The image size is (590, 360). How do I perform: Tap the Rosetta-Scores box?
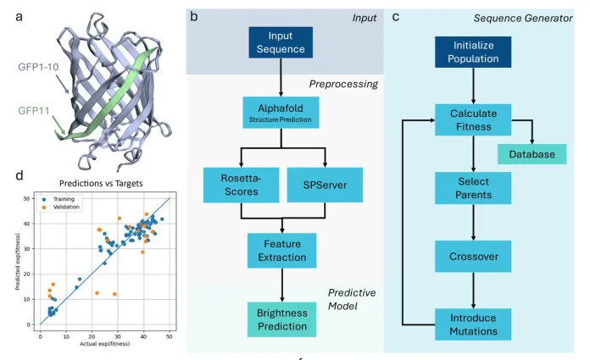[242, 185]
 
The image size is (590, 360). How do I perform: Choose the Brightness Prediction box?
[280, 319]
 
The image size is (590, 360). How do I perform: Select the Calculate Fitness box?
[473, 120]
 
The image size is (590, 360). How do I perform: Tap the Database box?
[532, 153]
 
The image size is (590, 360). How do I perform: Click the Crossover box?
[473, 255]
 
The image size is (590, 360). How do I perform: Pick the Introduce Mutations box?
[473, 324]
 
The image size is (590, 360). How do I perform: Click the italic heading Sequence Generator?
[537, 18]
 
